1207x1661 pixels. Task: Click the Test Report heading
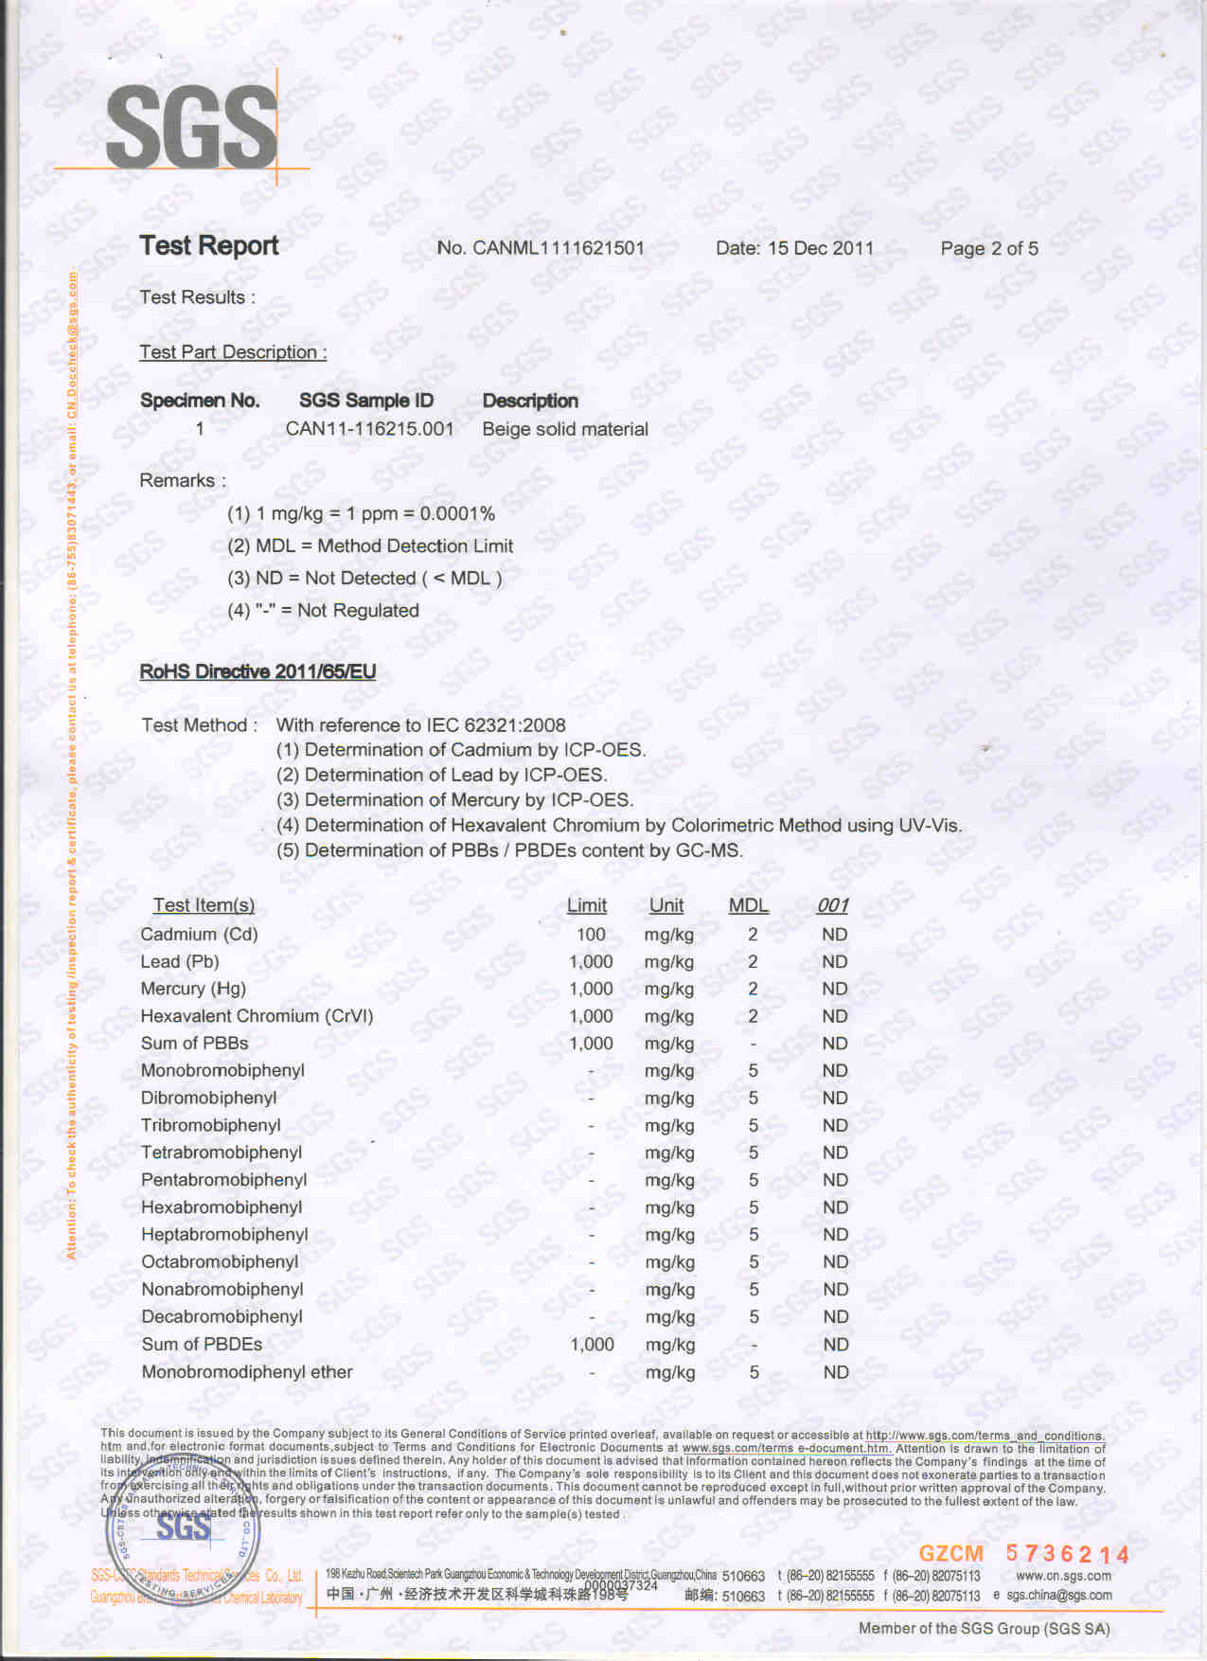(209, 245)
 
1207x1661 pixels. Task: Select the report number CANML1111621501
(558, 248)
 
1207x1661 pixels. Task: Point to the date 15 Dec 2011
(820, 248)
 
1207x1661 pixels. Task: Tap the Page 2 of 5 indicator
(988, 248)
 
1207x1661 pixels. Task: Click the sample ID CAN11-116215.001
(369, 429)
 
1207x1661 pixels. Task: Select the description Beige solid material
(565, 429)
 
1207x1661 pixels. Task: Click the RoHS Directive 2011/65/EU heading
(257, 671)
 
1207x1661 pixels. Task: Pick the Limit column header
(587, 905)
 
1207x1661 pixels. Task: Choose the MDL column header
(748, 905)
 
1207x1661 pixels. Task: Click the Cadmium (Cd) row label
(199, 935)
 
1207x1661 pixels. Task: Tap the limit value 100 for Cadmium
(591, 935)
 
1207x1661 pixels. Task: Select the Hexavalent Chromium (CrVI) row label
(257, 1016)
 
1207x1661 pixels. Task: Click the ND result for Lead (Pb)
(834, 962)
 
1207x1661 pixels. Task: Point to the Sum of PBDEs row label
(202, 1345)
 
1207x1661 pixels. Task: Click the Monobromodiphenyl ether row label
(246, 1372)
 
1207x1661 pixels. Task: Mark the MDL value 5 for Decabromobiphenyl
(754, 1317)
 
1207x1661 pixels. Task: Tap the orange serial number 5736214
(1067, 1554)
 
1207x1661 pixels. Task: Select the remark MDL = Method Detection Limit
(370, 546)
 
